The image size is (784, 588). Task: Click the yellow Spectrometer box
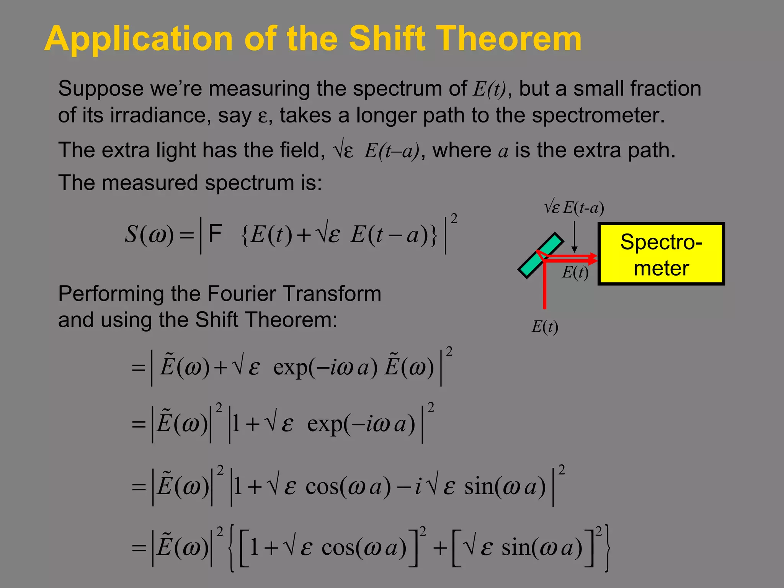(x=661, y=254)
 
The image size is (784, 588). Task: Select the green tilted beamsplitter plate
(x=541, y=255)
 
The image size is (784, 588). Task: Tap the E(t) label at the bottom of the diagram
(x=545, y=327)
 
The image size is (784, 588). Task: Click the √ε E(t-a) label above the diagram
(x=574, y=208)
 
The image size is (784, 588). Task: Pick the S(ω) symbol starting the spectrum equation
(x=149, y=234)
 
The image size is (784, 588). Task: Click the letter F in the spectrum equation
(x=215, y=233)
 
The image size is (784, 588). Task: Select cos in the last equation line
(x=338, y=547)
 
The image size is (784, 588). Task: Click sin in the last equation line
(x=515, y=547)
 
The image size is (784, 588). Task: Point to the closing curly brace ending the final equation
(x=607, y=548)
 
